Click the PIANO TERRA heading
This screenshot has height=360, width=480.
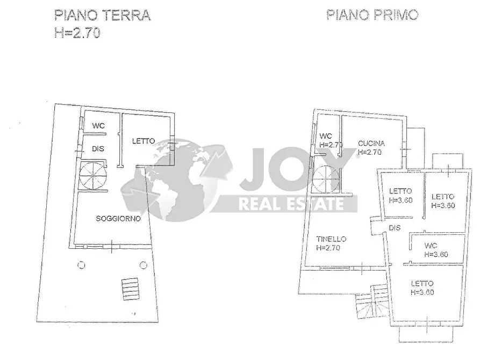pyautogui.click(x=103, y=15)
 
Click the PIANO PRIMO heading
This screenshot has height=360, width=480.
pyautogui.click(x=372, y=15)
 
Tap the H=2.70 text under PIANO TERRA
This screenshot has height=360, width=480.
pyautogui.click(x=77, y=33)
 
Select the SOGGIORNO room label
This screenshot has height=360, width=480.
pyautogui.click(x=118, y=219)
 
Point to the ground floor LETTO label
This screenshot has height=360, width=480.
pyautogui.click(x=144, y=141)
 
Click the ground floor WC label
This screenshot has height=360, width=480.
pyautogui.click(x=98, y=126)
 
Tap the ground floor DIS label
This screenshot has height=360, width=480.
pyautogui.click(x=98, y=147)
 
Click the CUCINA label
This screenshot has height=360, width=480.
pyautogui.click(x=371, y=143)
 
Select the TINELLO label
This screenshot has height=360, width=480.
pyautogui.click(x=331, y=240)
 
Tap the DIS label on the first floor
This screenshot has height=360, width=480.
pyautogui.click(x=395, y=228)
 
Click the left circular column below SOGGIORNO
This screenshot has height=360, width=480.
pyautogui.click(x=81, y=264)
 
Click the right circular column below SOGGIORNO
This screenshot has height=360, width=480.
pyautogui.click(x=143, y=264)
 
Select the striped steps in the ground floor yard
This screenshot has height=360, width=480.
pyautogui.click(x=129, y=290)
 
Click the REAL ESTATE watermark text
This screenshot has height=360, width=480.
pyautogui.click(x=291, y=203)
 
